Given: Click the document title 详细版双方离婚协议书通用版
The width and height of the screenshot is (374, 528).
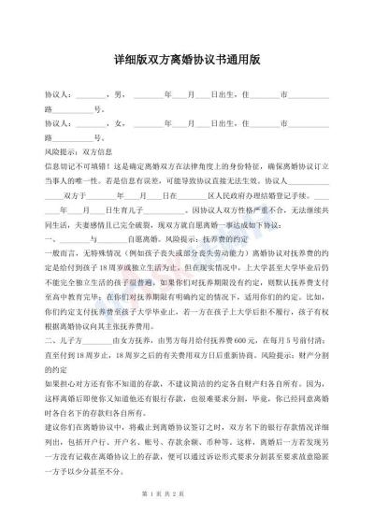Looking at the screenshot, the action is pyautogui.click(x=186, y=56).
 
